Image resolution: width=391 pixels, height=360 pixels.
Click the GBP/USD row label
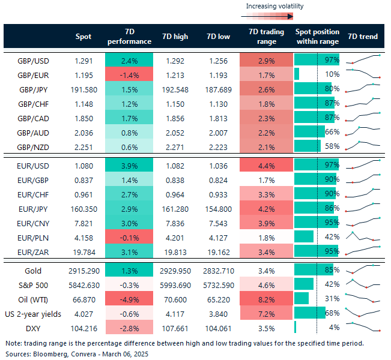34,61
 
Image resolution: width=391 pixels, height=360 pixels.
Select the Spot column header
83,37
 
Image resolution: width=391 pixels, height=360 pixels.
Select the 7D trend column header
363,37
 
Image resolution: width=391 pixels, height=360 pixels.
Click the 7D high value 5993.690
175,284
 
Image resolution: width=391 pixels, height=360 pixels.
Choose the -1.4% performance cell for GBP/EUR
129,74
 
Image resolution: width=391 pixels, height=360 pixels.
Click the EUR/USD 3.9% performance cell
129,163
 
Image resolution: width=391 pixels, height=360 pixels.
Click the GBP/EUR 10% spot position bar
297,74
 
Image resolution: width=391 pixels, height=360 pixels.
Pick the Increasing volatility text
274,7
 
